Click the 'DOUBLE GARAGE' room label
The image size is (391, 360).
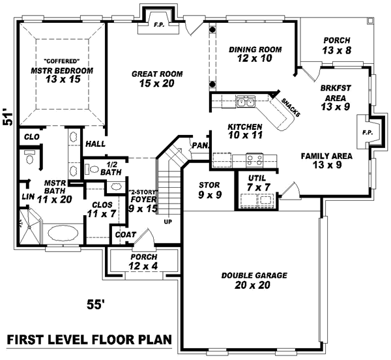point(253,276)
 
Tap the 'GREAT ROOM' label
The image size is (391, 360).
point(156,74)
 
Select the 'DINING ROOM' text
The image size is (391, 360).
point(255,50)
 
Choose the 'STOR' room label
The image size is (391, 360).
point(210,185)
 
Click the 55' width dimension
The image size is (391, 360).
point(96,304)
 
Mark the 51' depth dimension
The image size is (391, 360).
point(8,117)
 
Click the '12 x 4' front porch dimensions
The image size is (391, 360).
point(142,265)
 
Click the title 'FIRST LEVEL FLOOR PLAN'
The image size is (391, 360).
point(89,340)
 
